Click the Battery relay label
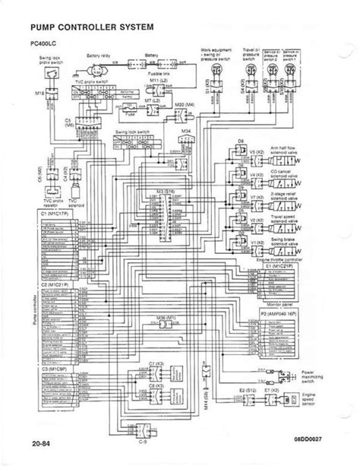tap(99, 55)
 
